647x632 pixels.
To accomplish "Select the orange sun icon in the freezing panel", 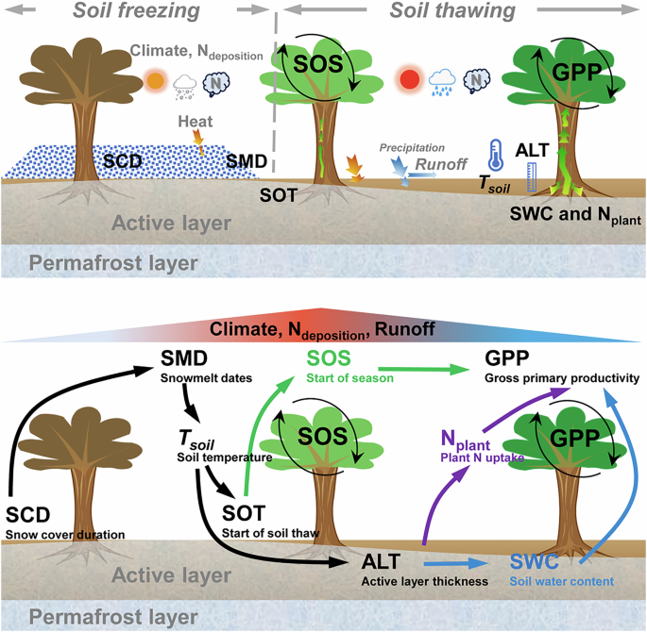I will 155,79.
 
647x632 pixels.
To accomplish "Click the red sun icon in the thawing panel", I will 409,79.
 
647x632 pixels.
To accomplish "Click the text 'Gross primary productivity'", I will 562,378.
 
